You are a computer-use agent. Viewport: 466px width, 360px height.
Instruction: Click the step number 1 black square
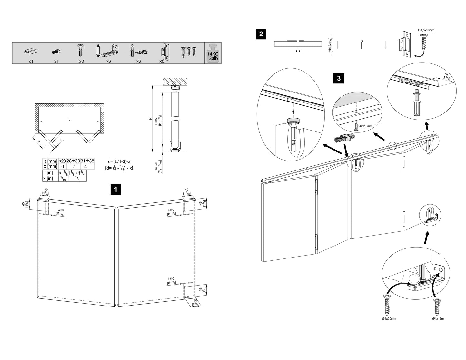coord(115,189)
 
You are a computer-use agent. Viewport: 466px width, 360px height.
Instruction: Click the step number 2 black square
coord(261,34)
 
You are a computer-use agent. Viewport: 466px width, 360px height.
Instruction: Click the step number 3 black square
coord(338,78)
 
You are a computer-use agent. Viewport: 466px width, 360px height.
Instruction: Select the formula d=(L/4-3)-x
coord(119,161)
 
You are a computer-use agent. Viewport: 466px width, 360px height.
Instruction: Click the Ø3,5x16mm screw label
coord(426,30)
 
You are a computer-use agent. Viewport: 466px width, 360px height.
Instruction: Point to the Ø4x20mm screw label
coord(389,318)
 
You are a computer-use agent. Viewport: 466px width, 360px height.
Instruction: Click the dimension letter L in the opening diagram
coord(69,120)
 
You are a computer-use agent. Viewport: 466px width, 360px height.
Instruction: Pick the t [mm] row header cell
coord(50,161)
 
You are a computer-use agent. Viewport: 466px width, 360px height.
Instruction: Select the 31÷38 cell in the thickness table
coord(87,161)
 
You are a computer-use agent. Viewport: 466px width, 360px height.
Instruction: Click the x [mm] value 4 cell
coord(85,167)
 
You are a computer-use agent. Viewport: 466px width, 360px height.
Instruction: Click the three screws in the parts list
coord(189,51)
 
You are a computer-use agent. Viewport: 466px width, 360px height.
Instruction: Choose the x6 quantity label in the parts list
coord(162,61)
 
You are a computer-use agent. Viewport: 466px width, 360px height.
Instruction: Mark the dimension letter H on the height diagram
coord(150,119)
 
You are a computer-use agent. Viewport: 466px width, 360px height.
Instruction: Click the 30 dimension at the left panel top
coord(46,190)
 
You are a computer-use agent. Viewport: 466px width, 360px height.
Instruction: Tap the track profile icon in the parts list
coord(31,51)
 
